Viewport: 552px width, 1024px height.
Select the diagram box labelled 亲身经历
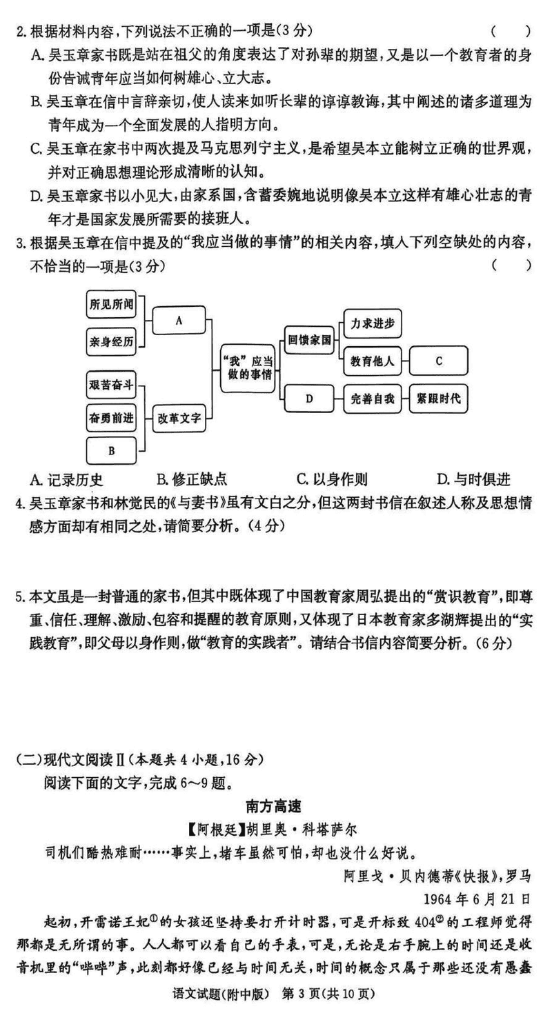110,342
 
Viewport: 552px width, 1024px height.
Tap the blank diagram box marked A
179,321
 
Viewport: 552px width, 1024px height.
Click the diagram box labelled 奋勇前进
110,417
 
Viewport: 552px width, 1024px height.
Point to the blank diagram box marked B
110,450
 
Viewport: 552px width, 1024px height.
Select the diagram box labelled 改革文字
179,417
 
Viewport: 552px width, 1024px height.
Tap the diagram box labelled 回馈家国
310,339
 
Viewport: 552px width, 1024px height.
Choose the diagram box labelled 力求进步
372,323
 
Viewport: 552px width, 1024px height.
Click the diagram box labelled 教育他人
372,361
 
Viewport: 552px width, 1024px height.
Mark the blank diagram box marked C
439,361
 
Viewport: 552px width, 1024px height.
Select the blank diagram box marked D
310,398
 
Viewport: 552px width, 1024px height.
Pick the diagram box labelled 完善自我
372,398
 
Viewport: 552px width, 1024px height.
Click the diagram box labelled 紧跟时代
439,398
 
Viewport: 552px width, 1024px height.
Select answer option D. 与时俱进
473,479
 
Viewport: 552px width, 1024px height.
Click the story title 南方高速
276,805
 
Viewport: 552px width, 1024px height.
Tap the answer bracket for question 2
511,30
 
